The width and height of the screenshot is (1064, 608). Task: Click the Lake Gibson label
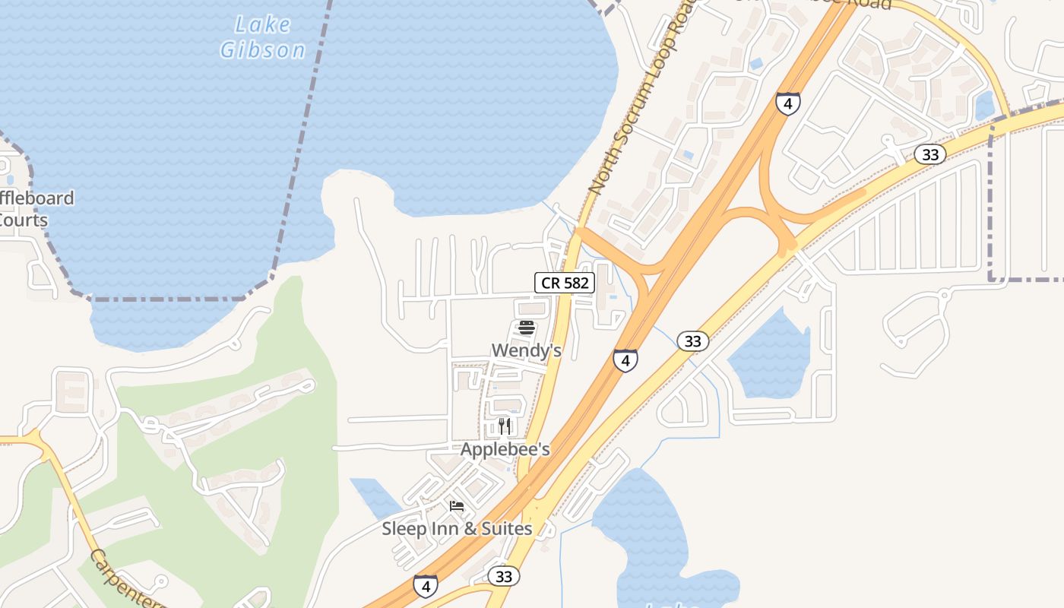[x=262, y=37]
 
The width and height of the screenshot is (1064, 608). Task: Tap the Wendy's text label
[x=526, y=350]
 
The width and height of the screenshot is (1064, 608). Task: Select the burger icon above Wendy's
[x=526, y=328]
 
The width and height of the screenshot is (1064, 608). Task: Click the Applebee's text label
[x=505, y=449]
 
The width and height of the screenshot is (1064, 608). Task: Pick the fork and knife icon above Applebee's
[x=505, y=426]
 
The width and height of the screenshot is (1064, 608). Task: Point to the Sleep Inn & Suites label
[x=457, y=528]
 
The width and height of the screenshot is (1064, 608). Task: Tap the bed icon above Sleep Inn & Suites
[x=457, y=505]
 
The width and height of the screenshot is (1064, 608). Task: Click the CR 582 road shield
[x=564, y=283]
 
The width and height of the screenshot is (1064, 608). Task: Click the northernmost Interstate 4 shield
[x=787, y=103]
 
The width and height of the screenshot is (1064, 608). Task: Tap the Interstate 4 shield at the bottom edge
[x=426, y=586]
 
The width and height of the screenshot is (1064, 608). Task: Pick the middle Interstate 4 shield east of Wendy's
[x=625, y=360]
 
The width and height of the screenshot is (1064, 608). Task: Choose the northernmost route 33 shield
[x=929, y=154]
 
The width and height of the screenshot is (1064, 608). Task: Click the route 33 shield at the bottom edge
[x=503, y=576]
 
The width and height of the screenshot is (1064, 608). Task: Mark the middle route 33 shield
[x=692, y=341]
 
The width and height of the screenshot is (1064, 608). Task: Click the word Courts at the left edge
[x=23, y=220]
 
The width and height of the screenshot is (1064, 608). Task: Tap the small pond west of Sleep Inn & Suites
[x=374, y=496]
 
